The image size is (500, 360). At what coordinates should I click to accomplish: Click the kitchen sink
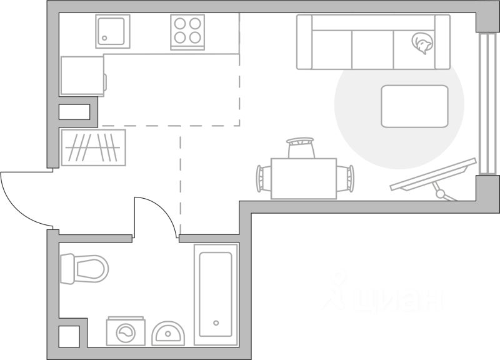(112, 31)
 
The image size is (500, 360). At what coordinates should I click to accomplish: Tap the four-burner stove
(187, 31)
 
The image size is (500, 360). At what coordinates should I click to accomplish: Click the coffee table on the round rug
(414, 106)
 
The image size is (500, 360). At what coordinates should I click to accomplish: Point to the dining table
(304, 178)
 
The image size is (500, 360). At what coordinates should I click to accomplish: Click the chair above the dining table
(301, 149)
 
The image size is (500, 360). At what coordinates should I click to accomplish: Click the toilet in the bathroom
(84, 268)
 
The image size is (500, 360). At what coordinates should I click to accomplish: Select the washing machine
(127, 332)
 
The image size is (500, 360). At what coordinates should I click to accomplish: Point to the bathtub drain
(216, 323)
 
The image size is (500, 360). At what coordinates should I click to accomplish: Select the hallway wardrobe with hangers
(93, 147)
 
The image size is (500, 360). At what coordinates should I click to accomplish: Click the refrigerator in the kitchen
(82, 75)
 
